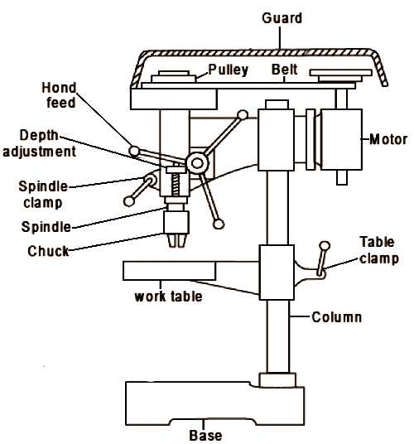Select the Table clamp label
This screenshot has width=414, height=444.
pos(378,250)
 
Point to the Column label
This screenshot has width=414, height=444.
pos(336,316)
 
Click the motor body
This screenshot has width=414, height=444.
pos(340,140)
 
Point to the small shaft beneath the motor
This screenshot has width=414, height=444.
pos(340,176)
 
